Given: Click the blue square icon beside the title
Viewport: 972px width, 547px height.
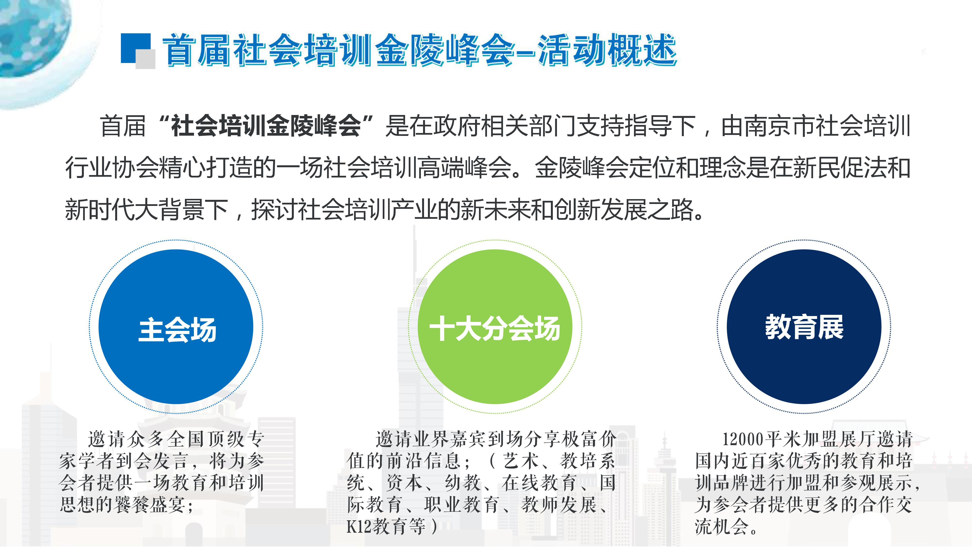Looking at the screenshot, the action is (x=135, y=48).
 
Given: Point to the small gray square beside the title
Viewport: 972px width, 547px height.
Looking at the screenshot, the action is (x=145, y=59).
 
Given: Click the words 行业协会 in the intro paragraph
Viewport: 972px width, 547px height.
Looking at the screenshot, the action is (x=112, y=168).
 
